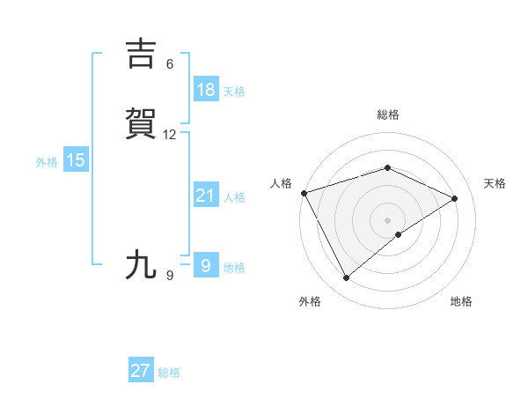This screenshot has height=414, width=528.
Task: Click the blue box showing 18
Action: pos(205,89)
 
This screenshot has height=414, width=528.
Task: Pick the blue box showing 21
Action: pos(205,196)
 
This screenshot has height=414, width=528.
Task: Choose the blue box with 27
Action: pos(141,371)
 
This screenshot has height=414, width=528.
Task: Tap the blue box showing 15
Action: pos(76,160)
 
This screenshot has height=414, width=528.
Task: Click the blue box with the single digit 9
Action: pos(205,265)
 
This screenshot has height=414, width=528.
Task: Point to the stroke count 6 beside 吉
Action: pos(170,64)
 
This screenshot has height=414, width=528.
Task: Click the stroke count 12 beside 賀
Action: pos(170,135)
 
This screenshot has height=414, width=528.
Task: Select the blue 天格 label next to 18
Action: pos(234,91)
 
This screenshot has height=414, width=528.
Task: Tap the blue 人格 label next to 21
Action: pos(234,197)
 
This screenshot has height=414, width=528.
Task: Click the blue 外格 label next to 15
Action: pos(47,161)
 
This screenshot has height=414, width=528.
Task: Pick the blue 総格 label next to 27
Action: pos(170,373)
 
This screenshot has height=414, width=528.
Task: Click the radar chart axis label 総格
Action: pos(387,115)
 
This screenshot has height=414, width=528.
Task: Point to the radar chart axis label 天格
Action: pos(495,183)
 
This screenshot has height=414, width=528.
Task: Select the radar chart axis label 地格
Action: pos(461,301)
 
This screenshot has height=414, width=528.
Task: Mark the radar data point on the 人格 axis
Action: pos(304,193)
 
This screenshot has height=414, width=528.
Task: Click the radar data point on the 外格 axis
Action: pos(346,278)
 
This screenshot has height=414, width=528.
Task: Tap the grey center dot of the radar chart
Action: pos(387,219)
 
